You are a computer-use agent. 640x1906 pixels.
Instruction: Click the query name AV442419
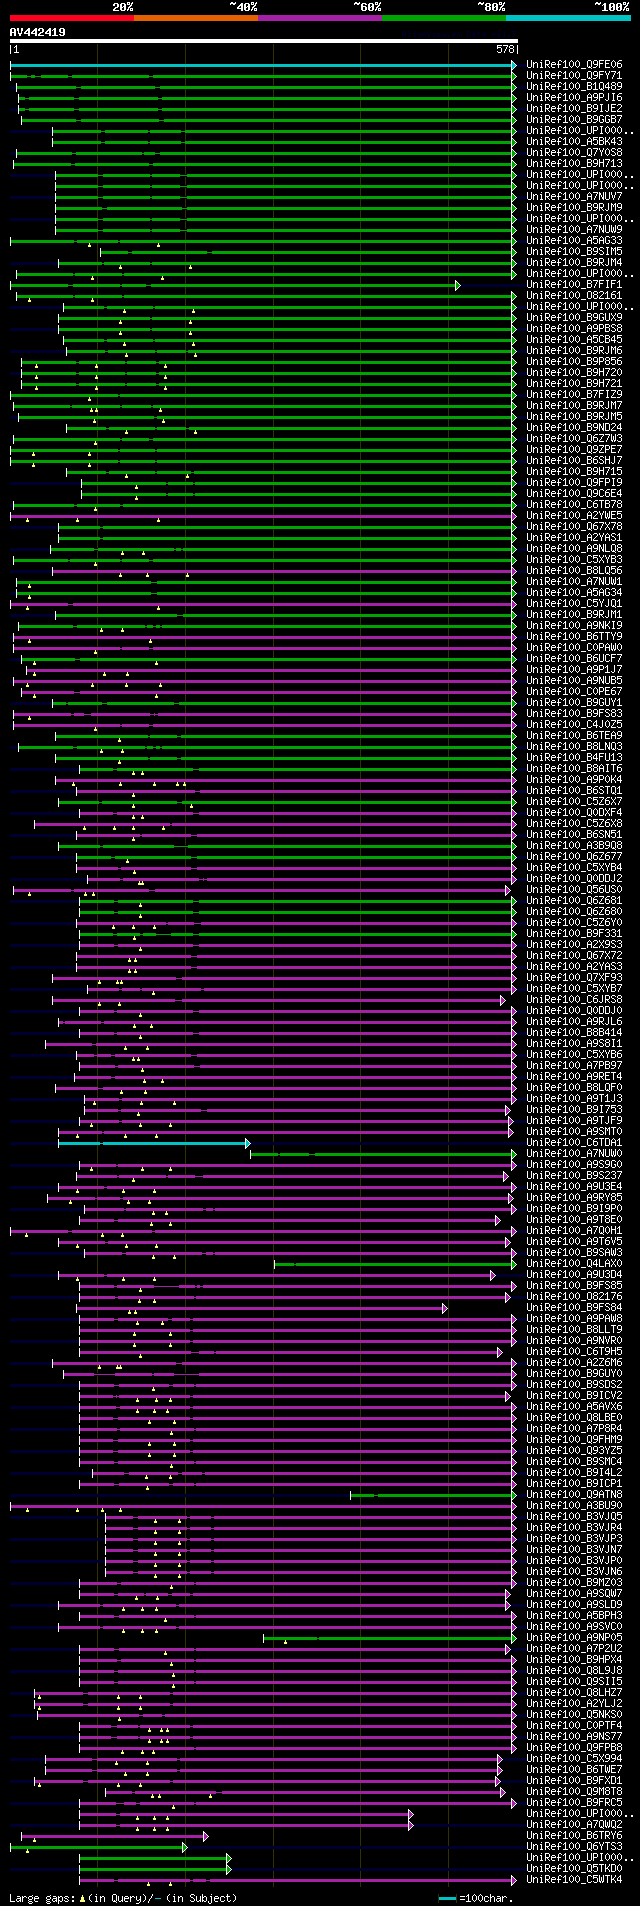pos(38,32)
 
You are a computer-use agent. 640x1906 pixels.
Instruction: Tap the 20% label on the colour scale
pos(123,7)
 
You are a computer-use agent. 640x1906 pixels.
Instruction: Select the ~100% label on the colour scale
pos(610,7)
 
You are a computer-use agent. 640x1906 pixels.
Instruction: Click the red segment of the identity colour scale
pos(71,18)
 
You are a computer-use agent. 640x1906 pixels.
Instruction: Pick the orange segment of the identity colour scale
pos(195,18)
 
